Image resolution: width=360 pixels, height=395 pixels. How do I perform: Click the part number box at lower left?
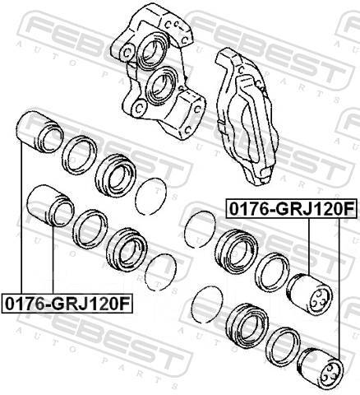pyautogui.click(x=67, y=304)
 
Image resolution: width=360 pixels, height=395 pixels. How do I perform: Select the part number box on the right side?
pyautogui.click(x=291, y=208)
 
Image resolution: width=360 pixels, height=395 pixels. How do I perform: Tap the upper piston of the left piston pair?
pyautogui.click(x=40, y=132)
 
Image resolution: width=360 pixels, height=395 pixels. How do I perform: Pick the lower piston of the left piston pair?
pyautogui.click(x=51, y=206)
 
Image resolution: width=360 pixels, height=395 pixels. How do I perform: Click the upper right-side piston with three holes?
pyautogui.click(x=309, y=295)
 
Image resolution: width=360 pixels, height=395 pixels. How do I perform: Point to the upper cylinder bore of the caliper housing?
pyautogui.click(x=152, y=49)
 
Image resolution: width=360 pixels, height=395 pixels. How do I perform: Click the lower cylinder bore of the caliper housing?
pyautogui.click(x=162, y=86)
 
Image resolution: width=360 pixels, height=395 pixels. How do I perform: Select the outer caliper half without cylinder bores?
pyautogui.click(x=245, y=115)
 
